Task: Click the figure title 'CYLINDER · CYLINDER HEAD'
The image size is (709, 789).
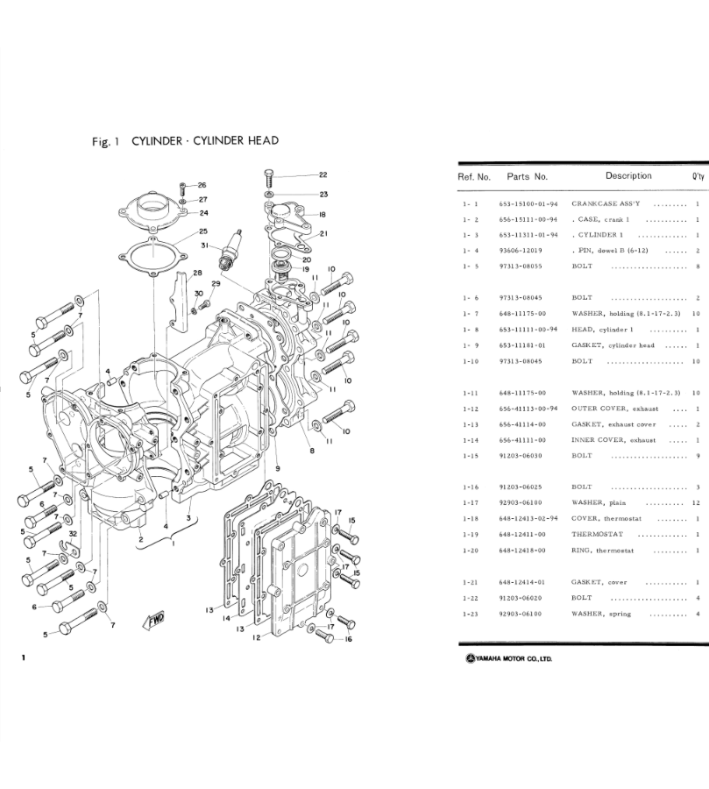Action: [205, 140]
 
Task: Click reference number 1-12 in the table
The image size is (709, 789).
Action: [471, 409]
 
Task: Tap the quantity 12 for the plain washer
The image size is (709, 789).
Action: [695, 502]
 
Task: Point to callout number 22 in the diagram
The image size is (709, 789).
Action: [323, 175]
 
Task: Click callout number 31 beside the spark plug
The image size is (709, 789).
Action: [204, 245]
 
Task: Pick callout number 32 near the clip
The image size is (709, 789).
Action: [71, 533]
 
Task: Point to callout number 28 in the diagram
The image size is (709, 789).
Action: [197, 273]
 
